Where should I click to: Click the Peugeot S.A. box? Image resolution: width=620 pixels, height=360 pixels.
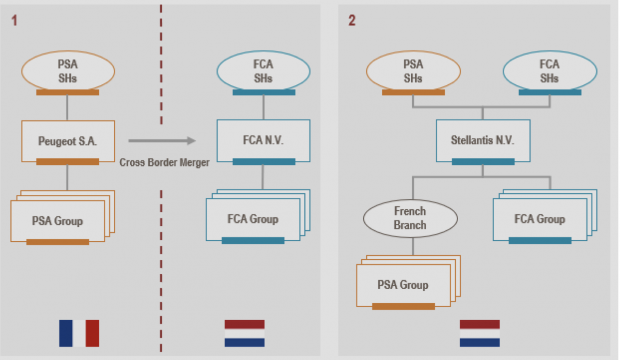68,141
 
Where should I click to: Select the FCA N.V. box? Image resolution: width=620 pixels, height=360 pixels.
263,141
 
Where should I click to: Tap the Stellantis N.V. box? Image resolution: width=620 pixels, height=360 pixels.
482,141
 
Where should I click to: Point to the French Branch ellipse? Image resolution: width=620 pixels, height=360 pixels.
410,219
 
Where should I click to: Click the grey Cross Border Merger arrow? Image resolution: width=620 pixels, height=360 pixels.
162,141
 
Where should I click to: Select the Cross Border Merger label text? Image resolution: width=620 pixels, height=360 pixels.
165,163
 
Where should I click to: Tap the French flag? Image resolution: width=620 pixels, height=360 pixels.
79,333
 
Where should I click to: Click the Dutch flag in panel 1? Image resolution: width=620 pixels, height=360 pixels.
245,333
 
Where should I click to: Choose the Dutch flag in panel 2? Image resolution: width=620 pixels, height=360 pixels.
480,333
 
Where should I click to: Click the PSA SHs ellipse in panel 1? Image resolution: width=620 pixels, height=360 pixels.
68,71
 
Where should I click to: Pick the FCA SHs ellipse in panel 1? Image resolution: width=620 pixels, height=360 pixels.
263,71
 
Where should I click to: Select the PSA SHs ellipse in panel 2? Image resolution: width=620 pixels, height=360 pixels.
413,71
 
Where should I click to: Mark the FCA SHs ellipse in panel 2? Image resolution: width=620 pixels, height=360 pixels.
549,71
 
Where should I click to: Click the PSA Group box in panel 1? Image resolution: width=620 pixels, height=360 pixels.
58,221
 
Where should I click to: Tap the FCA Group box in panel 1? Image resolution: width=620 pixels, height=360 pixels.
253,219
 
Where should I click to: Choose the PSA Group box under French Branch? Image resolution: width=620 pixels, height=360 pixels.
403,285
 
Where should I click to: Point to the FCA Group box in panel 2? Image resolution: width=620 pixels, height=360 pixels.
540,219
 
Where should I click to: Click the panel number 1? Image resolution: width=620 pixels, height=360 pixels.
14,21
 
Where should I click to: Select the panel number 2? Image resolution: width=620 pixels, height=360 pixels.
352,21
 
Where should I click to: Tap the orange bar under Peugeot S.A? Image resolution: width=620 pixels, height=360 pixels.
68,162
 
